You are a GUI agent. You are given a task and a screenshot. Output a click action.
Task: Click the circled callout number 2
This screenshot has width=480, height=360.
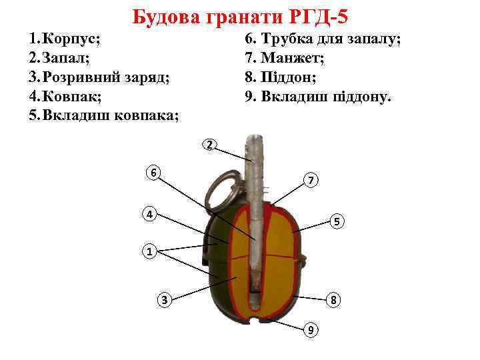coord(209,145)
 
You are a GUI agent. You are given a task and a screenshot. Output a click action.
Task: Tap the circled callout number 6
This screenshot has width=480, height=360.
coord(153,172)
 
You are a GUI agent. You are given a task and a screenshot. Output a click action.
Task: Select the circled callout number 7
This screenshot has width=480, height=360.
coord(311,180)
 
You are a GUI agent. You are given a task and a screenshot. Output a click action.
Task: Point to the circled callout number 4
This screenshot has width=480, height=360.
coord(150,214)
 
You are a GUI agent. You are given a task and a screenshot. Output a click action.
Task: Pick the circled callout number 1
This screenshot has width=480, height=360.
coord(150,251)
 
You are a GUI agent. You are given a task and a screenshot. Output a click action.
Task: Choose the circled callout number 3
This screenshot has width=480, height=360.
coord(164,299)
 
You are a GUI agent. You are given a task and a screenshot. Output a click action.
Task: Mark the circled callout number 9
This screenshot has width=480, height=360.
coord(311,329)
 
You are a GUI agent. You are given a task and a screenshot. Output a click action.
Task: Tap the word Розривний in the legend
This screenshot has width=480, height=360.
coord(84,78)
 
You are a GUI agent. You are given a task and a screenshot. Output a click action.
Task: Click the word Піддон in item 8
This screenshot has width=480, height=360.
coord(287,78)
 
